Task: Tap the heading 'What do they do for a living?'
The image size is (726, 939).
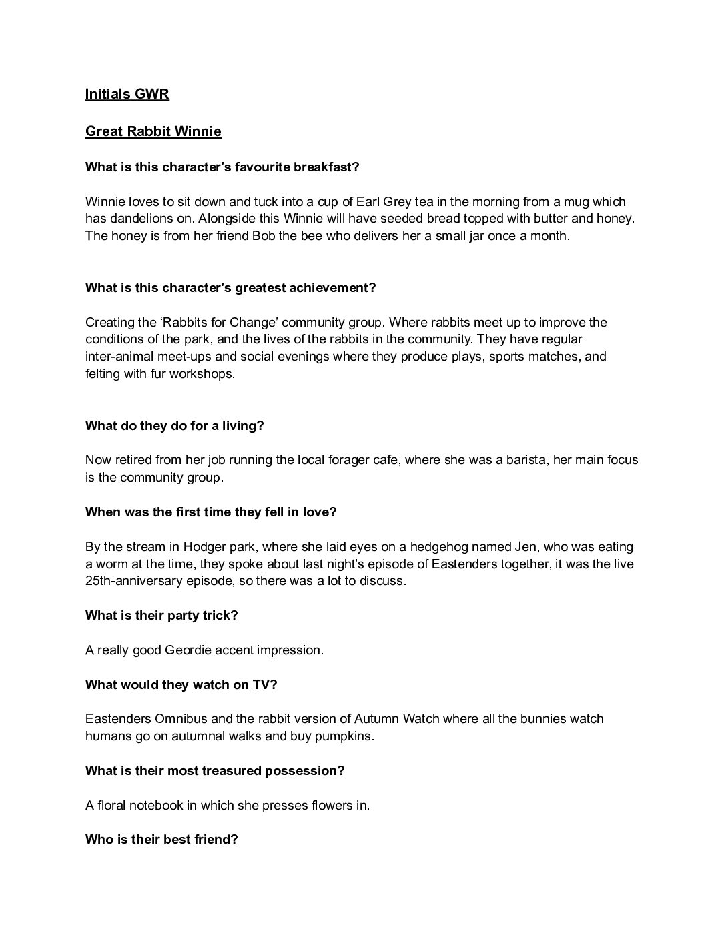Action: pyautogui.click(x=175, y=426)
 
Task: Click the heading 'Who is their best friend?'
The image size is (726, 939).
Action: pyautogui.click(x=161, y=840)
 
